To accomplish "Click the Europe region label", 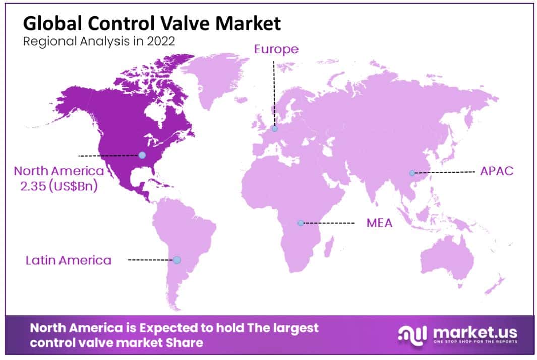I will pos(276,49).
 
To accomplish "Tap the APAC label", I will pos(497,171).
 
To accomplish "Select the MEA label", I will pos(379,223).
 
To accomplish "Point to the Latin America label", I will pos(69,260).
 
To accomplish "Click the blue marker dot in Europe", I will pos(275,129).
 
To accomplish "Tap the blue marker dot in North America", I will pos(142,155).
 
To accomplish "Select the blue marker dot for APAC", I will pos(412,173).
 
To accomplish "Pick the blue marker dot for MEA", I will pos(301,223).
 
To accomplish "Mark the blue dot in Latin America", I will pos(176,260).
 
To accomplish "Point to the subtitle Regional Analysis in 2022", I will pos(99,41).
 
